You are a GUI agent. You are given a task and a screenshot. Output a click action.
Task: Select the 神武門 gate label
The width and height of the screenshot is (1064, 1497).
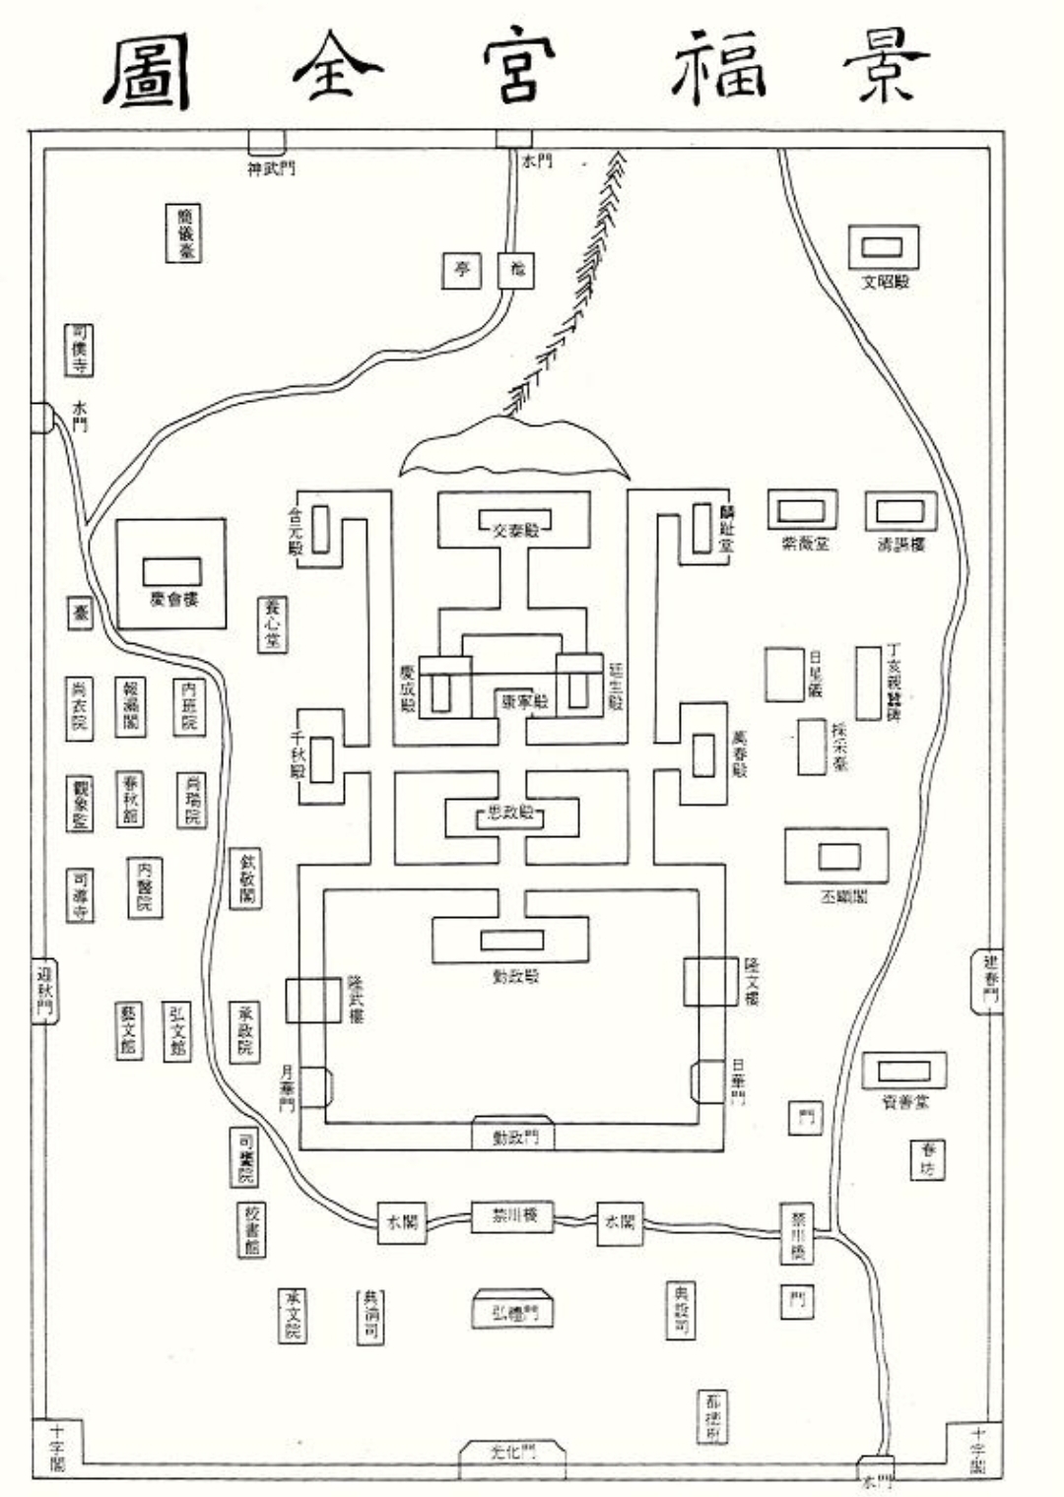click(x=269, y=168)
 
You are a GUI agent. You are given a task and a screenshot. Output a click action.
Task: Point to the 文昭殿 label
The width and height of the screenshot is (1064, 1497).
click(x=884, y=282)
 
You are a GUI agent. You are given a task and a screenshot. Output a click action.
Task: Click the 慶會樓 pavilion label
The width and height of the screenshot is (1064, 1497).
click(x=173, y=599)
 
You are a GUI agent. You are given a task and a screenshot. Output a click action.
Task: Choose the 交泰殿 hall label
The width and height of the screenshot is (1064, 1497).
click(x=514, y=529)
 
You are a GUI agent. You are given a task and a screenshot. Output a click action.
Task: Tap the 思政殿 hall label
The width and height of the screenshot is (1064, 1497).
click(x=510, y=814)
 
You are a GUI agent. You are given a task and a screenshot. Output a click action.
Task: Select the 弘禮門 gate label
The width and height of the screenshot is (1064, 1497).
click(x=513, y=1314)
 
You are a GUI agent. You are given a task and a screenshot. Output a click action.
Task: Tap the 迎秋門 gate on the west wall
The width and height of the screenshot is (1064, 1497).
click(x=44, y=991)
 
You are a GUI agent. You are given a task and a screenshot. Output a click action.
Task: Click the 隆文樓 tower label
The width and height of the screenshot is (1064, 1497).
click(x=752, y=980)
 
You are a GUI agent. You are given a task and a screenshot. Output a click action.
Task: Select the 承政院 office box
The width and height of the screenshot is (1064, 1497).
click(x=244, y=1031)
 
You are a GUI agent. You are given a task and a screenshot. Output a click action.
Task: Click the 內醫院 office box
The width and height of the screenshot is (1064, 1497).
click(x=145, y=886)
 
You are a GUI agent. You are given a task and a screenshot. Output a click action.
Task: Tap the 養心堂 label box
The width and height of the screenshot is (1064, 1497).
click(x=273, y=624)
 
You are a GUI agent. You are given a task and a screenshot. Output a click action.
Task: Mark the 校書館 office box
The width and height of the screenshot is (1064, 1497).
click(x=250, y=1229)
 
